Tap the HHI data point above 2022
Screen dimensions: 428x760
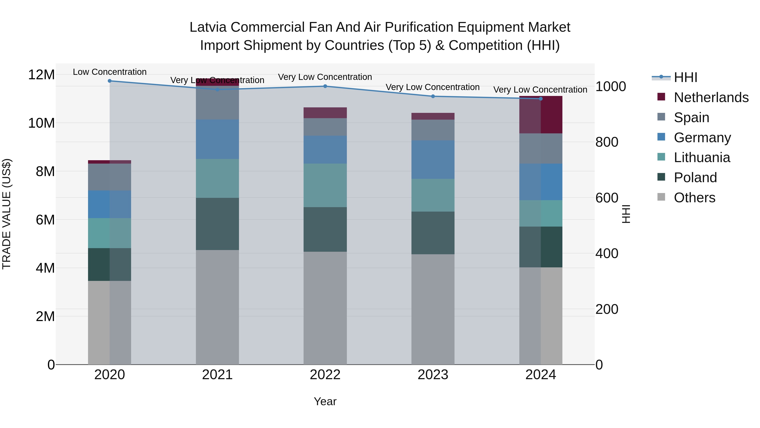[325, 86]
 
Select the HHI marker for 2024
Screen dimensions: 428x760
[540, 99]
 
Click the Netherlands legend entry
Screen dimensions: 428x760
[711, 97]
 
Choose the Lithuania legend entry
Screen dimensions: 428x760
[702, 157]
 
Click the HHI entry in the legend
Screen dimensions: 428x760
[685, 77]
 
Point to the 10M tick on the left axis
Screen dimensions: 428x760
[41, 123]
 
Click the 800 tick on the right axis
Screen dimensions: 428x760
[607, 142]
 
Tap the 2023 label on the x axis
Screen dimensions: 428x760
[433, 375]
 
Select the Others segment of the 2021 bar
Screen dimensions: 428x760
[217, 307]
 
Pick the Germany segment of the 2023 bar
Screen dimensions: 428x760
[433, 160]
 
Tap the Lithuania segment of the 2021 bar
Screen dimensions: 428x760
[217, 178]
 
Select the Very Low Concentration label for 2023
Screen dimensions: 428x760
[433, 87]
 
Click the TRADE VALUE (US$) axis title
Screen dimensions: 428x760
[7, 214]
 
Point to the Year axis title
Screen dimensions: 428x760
[325, 401]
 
